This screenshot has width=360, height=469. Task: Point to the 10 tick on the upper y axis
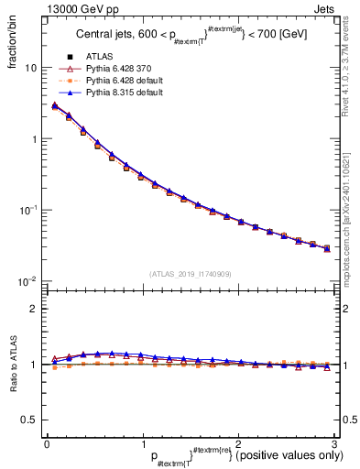tap(29, 68)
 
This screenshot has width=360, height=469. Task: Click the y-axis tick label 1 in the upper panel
tap(35, 139)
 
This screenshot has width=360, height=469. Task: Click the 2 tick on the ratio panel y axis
tap(35, 309)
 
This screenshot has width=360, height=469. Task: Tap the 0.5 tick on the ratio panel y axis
tap(31, 420)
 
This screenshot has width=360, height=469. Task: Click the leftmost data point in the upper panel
tap(55, 106)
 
